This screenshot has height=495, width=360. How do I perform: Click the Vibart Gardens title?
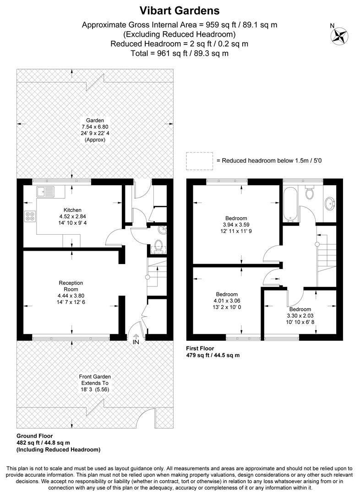[x=180, y=10]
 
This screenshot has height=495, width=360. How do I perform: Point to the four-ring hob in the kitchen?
[x=30, y=216]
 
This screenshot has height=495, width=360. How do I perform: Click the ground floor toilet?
[x=158, y=246]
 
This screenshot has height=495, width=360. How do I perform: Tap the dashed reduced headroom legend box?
[x=200, y=160]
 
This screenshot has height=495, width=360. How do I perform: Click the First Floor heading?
[x=200, y=348]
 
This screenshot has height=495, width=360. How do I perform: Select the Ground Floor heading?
[x=34, y=436]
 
